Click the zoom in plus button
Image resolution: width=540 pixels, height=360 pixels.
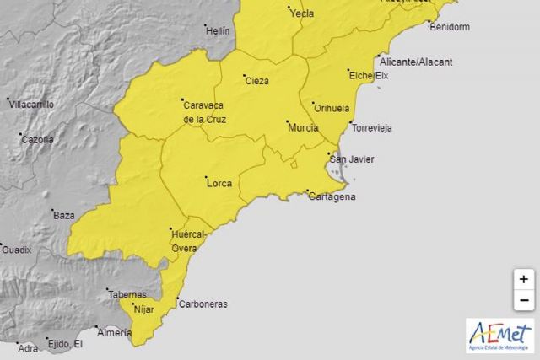tap(524, 279)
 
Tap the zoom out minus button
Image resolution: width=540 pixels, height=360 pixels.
tap(524, 299)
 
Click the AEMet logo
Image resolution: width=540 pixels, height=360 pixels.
tap(500, 336)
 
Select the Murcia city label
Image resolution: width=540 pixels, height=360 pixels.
tap(303, 126)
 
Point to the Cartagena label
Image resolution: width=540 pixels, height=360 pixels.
tap(332, 196)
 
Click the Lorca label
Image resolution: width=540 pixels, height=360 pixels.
tap(218, 181)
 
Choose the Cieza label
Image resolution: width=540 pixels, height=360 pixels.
tap(256, 81)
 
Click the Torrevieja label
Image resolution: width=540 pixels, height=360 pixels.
tap(371, 128)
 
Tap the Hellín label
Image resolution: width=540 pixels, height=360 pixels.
tap(218, 31)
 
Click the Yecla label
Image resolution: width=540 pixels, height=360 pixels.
tap(300, 13)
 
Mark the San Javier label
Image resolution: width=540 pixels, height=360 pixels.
tap(351, 159)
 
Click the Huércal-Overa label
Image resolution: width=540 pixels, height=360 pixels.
tap(189, 241)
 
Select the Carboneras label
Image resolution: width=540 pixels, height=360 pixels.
tap(202, 304)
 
